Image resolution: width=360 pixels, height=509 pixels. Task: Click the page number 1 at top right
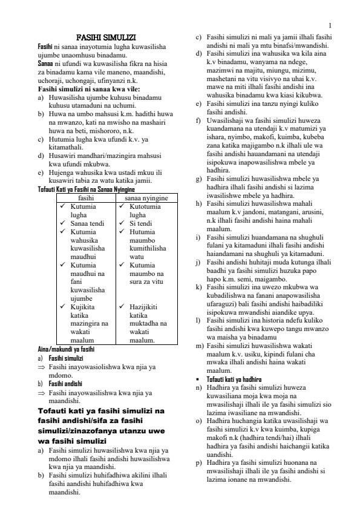click(330, 25)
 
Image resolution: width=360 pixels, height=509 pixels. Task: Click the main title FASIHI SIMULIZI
click(110, 38)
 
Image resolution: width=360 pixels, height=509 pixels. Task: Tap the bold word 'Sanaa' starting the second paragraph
click(45, 64)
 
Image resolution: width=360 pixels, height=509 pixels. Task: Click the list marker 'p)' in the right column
click(198, 462)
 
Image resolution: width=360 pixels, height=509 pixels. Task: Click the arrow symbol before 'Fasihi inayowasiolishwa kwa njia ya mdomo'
click(42, 366)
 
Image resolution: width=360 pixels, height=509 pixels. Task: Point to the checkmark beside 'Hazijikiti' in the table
click(122, 307)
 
